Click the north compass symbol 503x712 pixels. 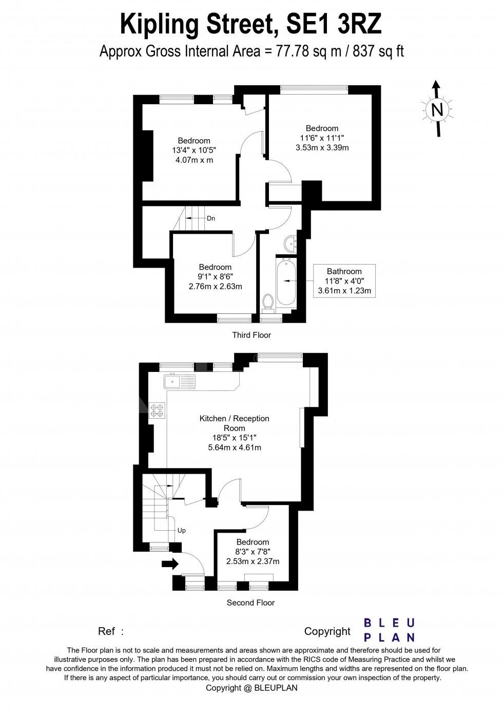coord(437,109)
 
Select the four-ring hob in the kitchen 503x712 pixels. coord(157,409)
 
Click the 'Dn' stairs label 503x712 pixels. coord(211,218)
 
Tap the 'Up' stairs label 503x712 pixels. coord(181,530)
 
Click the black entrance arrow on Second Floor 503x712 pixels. coord(170,564)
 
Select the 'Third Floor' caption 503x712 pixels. coord(252,335)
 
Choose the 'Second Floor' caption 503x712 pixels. coord(250,603)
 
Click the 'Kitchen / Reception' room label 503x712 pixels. coord(234,419)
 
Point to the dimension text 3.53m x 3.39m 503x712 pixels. coord(322,147)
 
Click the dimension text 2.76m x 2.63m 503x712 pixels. coord(215,286)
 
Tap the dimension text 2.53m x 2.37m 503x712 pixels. coord(253,561)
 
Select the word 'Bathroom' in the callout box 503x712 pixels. coord(344,271)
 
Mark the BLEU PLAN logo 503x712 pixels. coord(389,630)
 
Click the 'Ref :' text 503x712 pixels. coord(111,631)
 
